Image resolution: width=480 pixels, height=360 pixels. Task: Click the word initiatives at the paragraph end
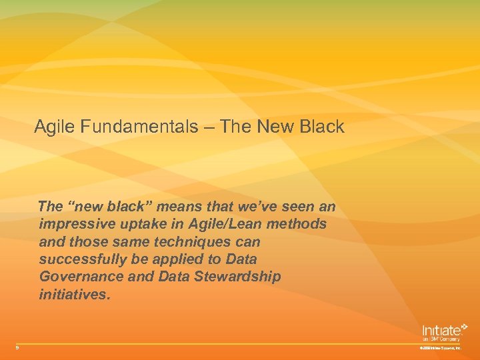tap(73, 293)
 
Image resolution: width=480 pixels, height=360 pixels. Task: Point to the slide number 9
tap(18, 347)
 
